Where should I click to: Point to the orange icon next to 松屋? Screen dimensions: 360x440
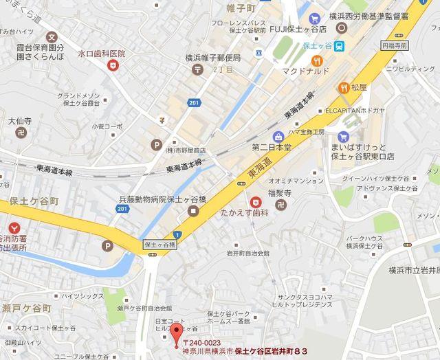pos(342,87)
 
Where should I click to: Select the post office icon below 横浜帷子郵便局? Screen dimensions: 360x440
pos(198,69)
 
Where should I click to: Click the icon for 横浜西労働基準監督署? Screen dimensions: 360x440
pos(342,27)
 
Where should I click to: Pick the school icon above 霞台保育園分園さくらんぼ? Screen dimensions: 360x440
pos(52,37)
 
